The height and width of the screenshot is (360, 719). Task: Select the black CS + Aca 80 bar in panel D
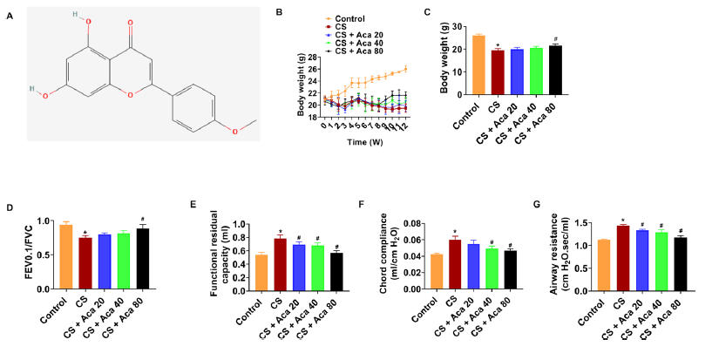[142, 258]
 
